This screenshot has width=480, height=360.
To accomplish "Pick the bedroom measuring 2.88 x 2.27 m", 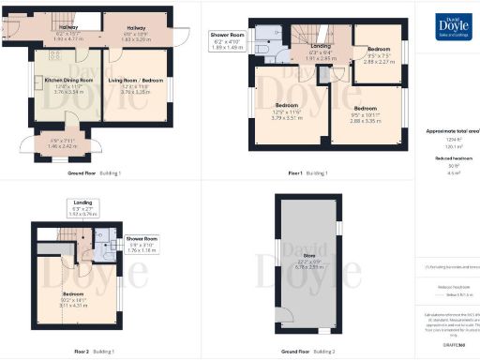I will (x=378, y=54).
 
